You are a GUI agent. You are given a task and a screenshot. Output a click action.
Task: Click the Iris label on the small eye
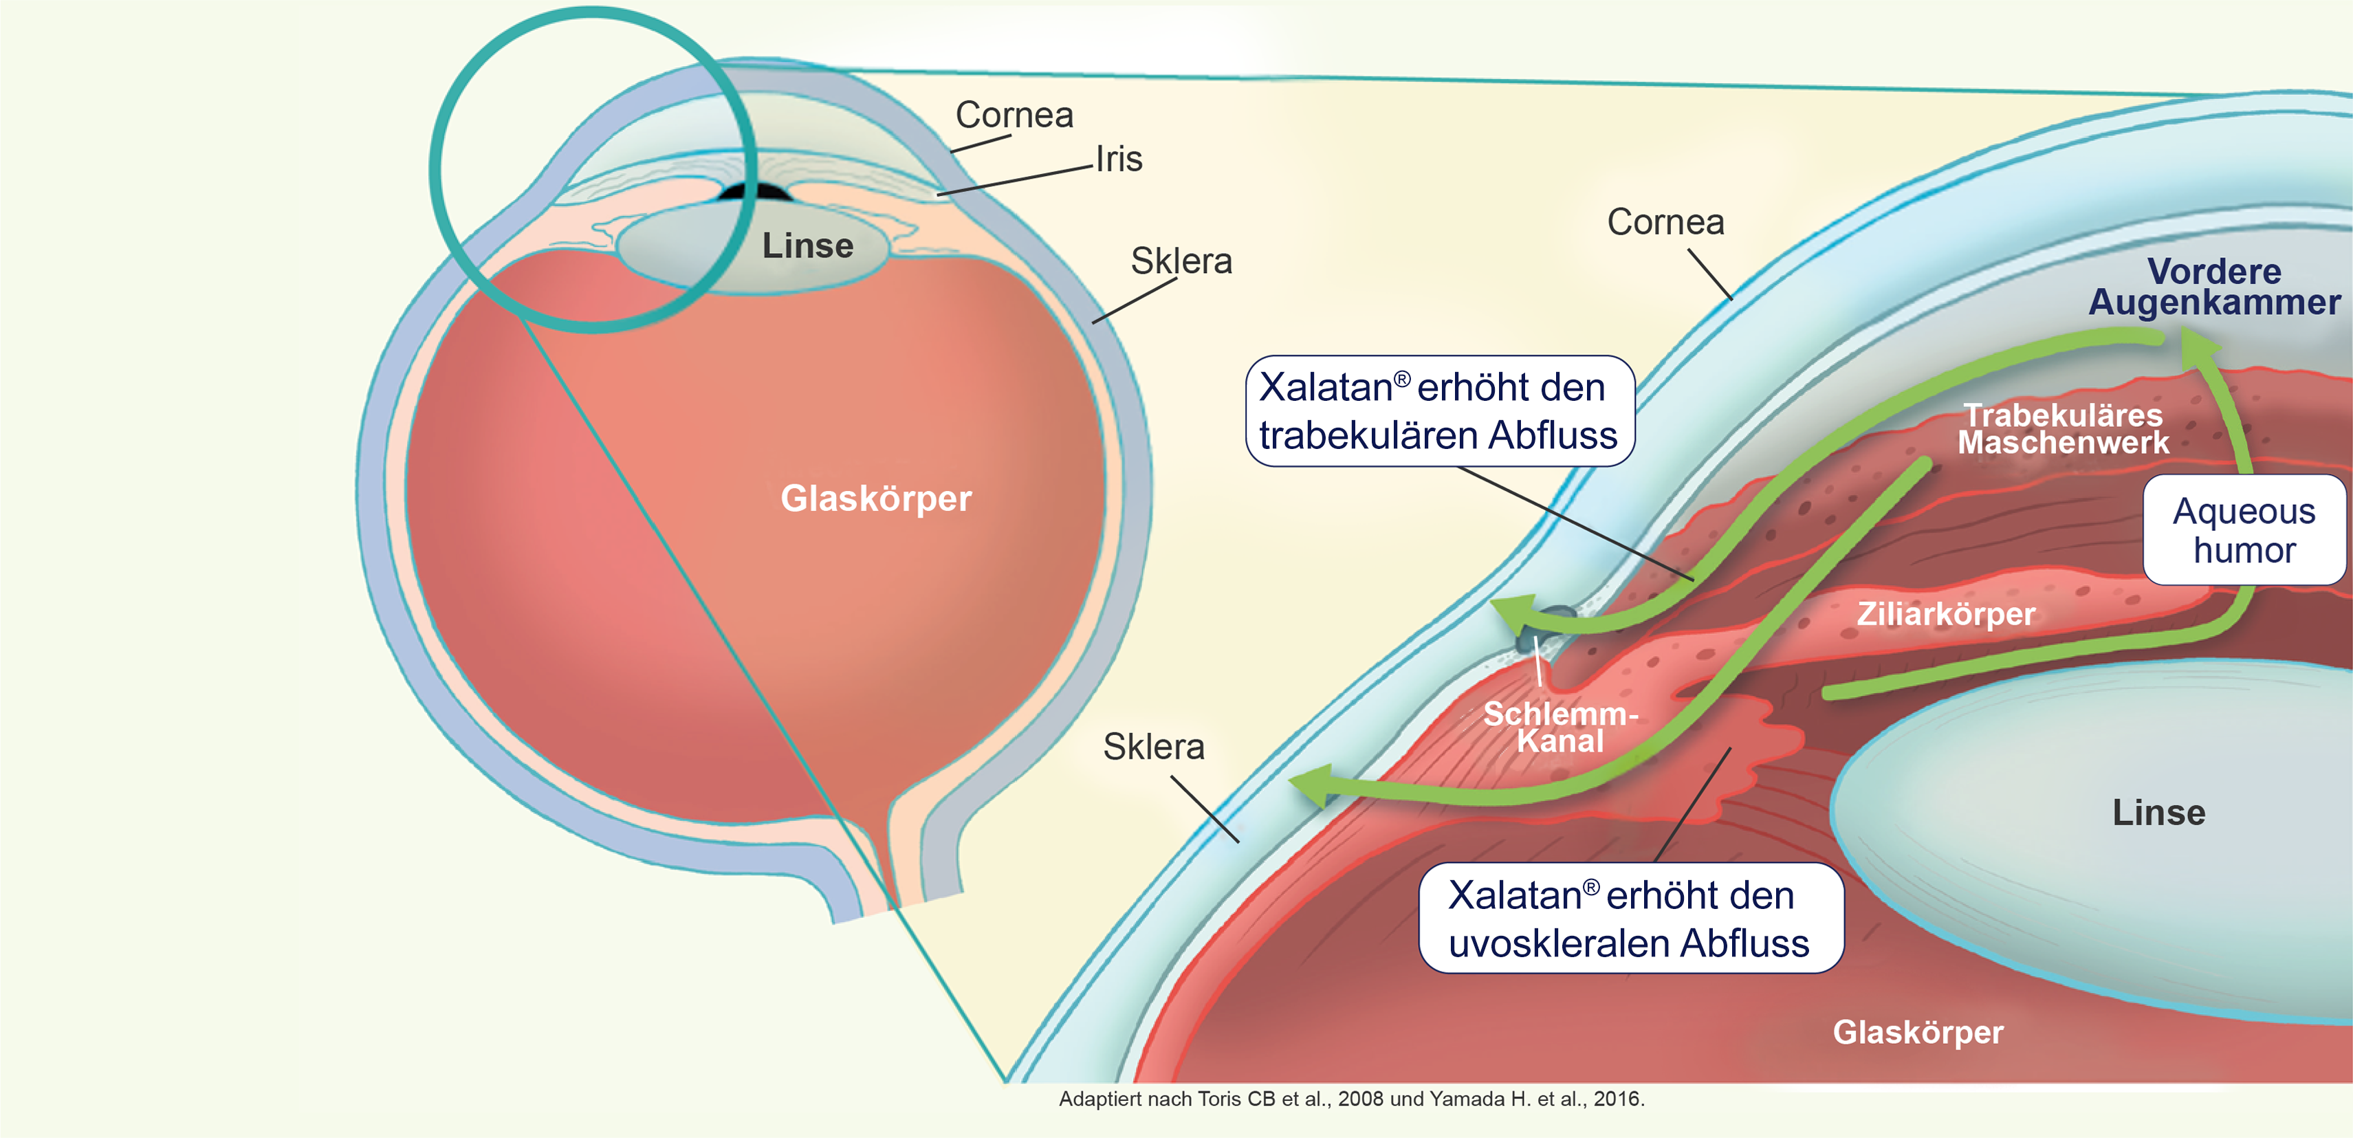tap(1119, 160)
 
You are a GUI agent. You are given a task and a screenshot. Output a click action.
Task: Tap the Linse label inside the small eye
tap(807, 245)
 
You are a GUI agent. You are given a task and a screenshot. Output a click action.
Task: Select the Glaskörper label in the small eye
tap(876, 499)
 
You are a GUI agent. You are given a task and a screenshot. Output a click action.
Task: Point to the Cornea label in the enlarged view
tap(1665, 223)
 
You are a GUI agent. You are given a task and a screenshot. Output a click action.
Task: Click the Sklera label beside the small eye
tap(1181, 262)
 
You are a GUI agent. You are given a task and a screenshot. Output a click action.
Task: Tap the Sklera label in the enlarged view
tap(1154, 747)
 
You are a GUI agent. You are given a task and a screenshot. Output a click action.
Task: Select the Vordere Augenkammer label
tap(2214, 287)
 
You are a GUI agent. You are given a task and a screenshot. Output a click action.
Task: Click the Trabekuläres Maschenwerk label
tap(2063, 429)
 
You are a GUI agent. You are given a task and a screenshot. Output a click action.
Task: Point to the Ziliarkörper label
tap(1946, 614)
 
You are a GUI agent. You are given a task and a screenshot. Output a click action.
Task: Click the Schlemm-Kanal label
tap(1560, 727)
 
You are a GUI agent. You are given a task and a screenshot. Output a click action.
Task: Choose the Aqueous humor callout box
tap(2244, 529)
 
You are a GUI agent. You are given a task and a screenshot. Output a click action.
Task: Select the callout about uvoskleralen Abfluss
tap(1630, 918)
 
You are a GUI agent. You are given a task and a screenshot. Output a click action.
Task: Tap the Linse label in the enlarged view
tap(2158, 813)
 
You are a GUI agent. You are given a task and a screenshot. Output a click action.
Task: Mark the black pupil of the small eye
tap(754, 193)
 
